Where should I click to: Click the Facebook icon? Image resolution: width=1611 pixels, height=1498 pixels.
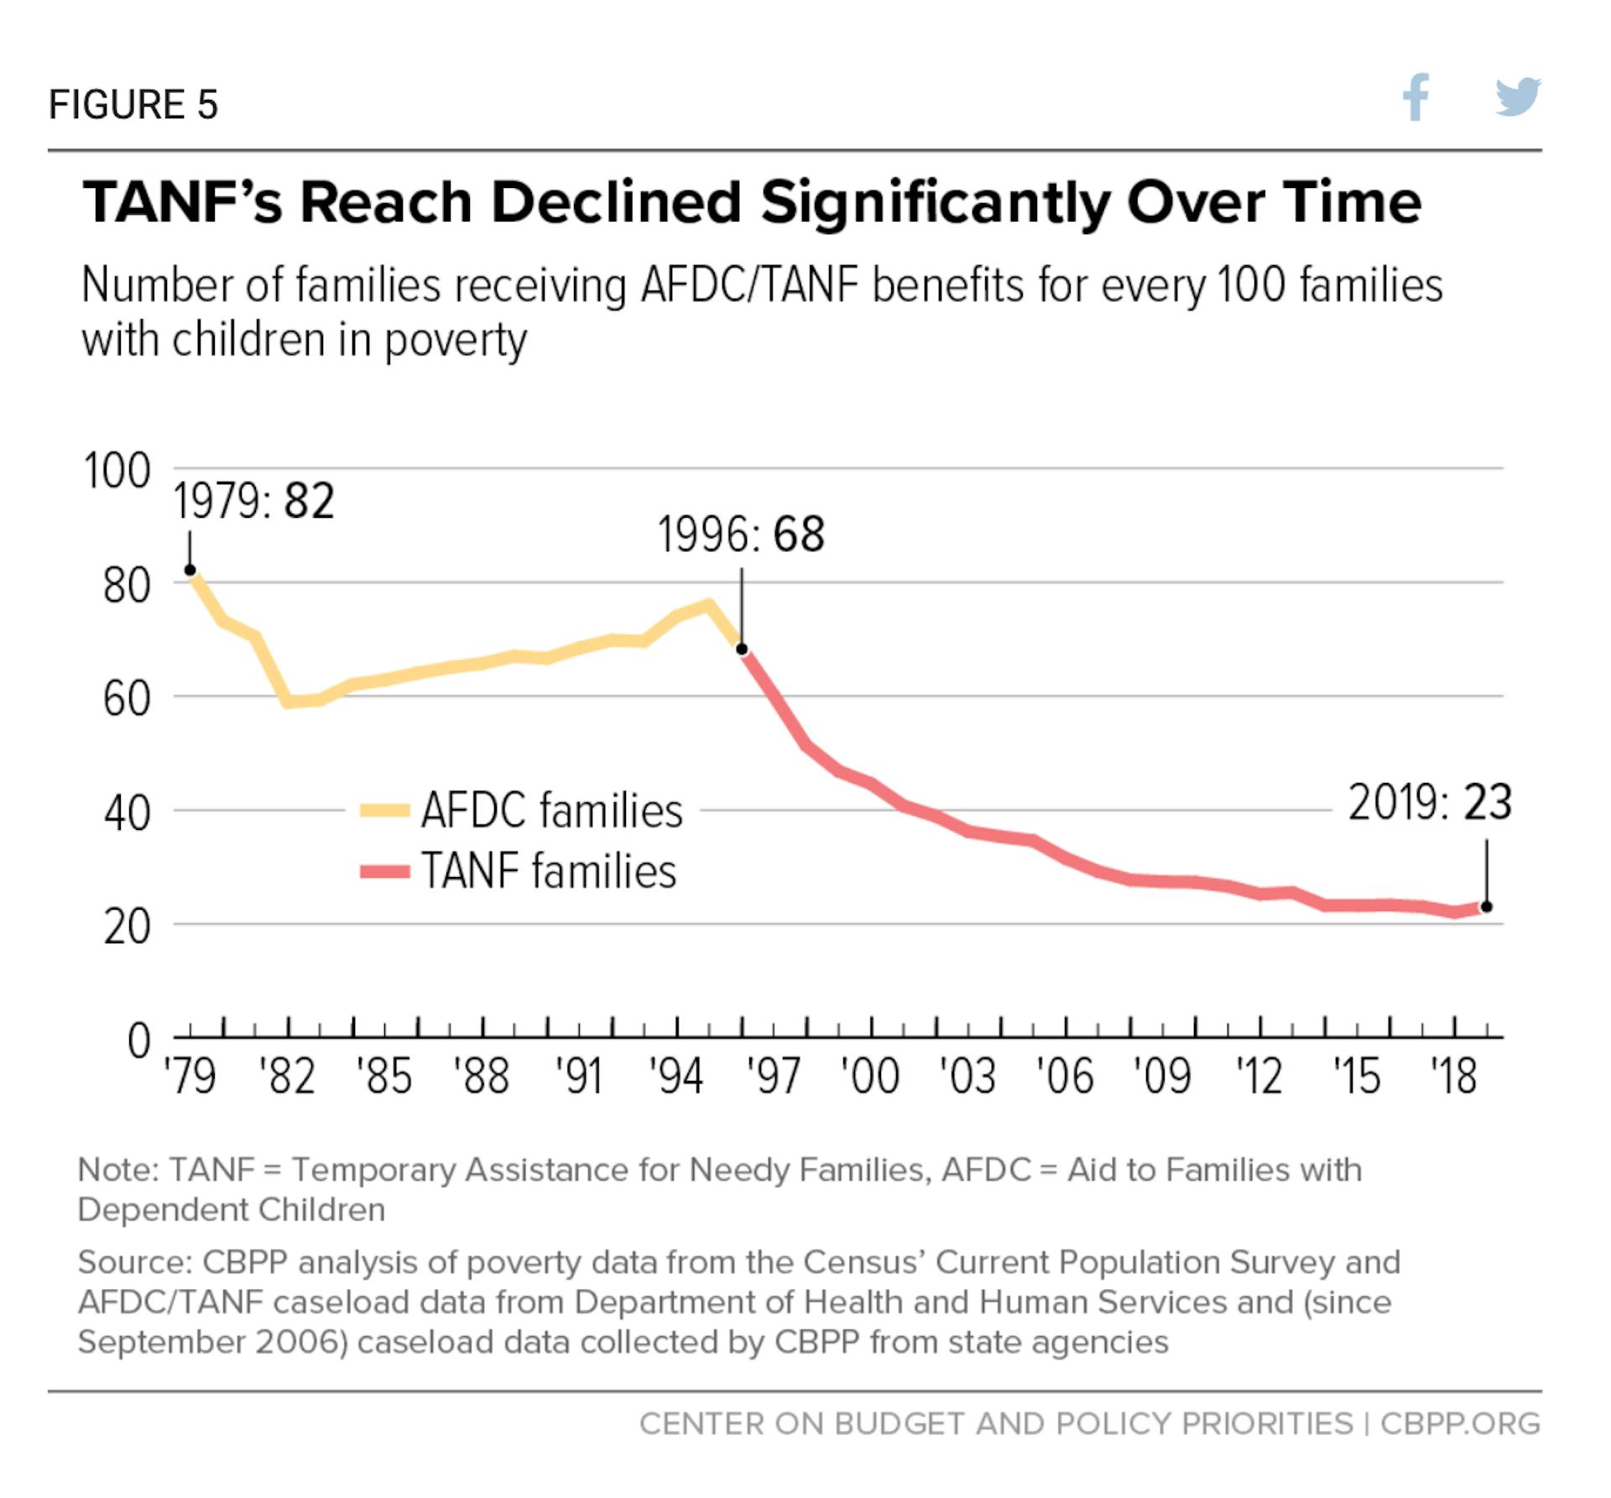[x=1415, y=97]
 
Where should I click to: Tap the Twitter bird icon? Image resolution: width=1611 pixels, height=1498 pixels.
[x=1518, y=97]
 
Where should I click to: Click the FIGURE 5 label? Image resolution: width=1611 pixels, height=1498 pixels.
[x=133, y=105]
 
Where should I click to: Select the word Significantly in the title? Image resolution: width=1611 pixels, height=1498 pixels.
[x=936, y=203]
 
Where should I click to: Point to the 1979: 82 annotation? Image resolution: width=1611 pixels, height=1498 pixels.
[x=253, y=501]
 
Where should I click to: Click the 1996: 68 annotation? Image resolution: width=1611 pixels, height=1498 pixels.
[x=741, y=535]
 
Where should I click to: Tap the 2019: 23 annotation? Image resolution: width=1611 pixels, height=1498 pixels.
[x=1430, y=802]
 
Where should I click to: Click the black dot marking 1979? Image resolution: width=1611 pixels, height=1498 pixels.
[x=190, y=571]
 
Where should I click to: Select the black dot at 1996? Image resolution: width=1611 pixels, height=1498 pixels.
[x=742, y=649]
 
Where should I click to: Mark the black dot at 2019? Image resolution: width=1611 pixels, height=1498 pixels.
[x=1487, y=906]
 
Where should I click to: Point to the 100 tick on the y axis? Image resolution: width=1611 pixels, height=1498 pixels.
[x=117, y=470]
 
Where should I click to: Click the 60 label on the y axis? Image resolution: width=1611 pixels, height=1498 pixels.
[x=127, y=698]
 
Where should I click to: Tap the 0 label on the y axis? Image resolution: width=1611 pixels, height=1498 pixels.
[x=138, y=1041]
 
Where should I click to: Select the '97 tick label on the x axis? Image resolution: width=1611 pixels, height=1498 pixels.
[x=774, y=1076]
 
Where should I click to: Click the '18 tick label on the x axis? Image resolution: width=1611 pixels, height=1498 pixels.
[x=1453, y=1076]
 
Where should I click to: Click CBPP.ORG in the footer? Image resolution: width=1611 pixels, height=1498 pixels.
[x=1460, y=1424]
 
